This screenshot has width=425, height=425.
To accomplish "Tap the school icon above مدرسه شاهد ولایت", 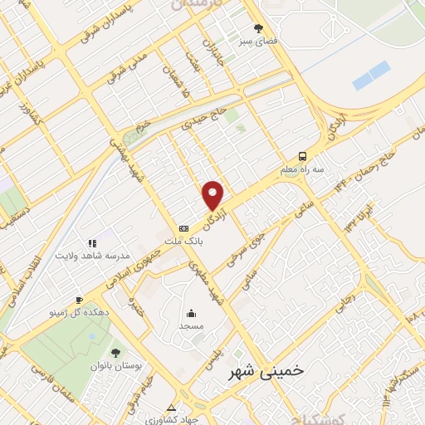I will tap(91, 243).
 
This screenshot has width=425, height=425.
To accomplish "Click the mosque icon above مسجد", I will tap(192, 313).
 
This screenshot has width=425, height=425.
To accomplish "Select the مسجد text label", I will tap(192, 326).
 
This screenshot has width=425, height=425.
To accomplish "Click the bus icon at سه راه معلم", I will tap(302, 154).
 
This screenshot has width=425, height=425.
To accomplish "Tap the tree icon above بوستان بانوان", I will tap(115, 353).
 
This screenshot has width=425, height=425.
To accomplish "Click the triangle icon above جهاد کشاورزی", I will tap(171, 408).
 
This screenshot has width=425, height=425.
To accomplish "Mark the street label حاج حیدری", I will tap(203, 125).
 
